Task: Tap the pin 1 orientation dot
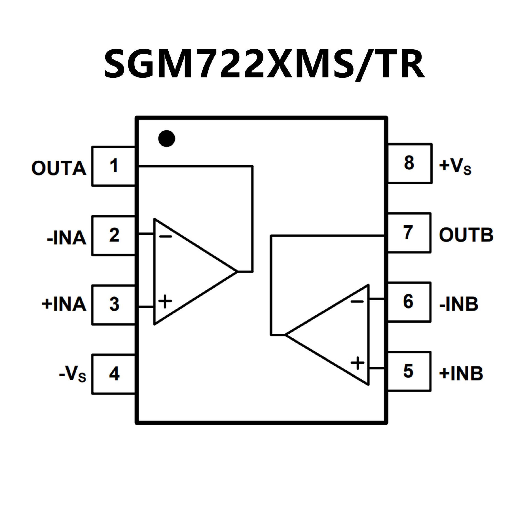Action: [x=167, y=138]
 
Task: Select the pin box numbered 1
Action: [x=114, y=166]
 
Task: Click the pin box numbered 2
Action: [x=114, y=236]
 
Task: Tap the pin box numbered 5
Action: [x=409, y=371]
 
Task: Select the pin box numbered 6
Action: [x=409, y=302]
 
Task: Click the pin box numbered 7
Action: [x=409, y=233]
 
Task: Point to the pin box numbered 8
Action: [x=409, y=163]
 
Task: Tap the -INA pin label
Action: [x=66, y=238]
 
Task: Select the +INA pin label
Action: [x=64, y=304]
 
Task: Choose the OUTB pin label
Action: [x=466, y=235]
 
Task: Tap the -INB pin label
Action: [x=459, y=304]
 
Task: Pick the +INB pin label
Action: [x=461, y=374]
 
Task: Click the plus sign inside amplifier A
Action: [x=165, y=301]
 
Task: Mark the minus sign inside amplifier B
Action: [x=357, y=301]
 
